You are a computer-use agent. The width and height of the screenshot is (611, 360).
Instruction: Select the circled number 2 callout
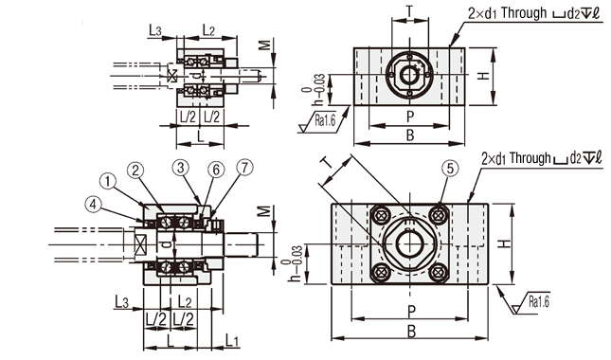tap(135, 171)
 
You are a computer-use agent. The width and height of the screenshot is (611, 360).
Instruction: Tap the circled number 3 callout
tap(180, 168)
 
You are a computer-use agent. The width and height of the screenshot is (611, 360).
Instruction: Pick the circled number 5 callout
tap(450, 169)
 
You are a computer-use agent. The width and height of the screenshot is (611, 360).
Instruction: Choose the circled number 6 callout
tap(216, 170)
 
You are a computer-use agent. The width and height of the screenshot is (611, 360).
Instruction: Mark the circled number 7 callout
tap(244, 168)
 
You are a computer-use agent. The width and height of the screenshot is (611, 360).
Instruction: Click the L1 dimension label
tap(233, 341)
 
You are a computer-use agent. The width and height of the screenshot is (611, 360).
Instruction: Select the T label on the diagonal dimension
tap(328, 162)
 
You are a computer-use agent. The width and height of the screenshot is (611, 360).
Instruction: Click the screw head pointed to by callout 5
tap(440, 214)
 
